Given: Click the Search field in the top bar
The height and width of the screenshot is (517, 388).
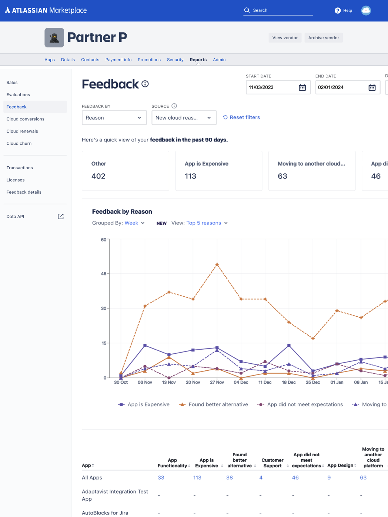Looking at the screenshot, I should click(x=281, y=10).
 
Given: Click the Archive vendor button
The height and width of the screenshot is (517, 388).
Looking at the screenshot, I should click(x=324, y=38).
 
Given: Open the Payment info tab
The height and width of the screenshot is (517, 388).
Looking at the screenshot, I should click(x=118, y=60).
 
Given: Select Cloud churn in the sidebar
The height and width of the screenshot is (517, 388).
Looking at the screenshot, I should click(x=19, y=143).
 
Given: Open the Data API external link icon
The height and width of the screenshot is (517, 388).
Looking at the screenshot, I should click(x=61, y=217).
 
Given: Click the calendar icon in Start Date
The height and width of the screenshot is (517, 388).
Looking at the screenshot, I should click(x=302, y=87).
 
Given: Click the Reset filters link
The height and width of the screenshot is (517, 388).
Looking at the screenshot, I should click(x=241, y=117).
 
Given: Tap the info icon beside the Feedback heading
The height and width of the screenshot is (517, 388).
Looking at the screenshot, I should click(x=145, y=84).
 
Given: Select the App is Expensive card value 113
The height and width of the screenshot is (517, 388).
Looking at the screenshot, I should click(x=191, y=176).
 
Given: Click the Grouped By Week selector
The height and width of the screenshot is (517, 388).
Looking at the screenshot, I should click(x=134, y=223).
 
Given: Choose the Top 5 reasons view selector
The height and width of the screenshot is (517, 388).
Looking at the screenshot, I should click(x=207, y=223).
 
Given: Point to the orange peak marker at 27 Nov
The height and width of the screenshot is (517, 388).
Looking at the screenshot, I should click(x=217, y=264).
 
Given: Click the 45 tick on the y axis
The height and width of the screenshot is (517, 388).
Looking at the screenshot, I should click(x=104, y=274).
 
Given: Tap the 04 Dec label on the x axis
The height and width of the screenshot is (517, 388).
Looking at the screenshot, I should click(x=241, y=382).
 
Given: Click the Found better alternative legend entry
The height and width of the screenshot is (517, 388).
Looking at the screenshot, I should click(x=214, y=404).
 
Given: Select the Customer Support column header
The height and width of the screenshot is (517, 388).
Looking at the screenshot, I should click(x=272, y=463).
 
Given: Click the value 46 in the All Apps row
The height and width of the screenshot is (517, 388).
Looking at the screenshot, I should click(x=295, y=478).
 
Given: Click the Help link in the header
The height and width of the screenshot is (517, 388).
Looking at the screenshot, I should click(x=343, y=10).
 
